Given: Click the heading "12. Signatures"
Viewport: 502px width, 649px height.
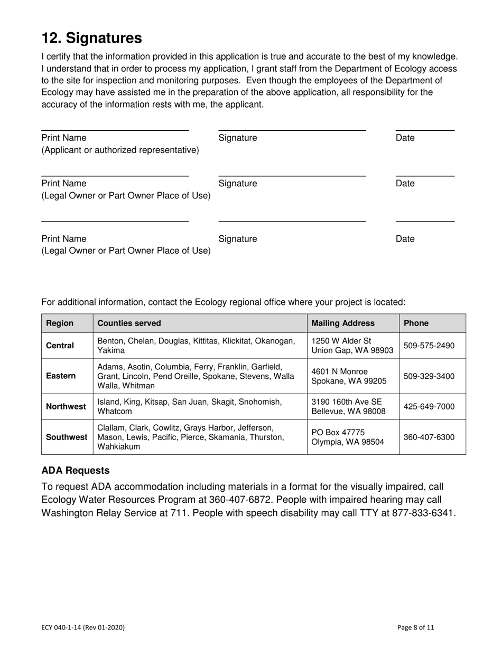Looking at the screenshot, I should click(x=92, y=38).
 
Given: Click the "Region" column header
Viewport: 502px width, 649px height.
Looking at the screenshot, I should click(x=60, y=323).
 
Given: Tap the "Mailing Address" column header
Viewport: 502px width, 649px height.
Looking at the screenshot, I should click(x=343, y=323).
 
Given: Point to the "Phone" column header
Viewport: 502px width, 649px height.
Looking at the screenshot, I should click(x=416, y=323).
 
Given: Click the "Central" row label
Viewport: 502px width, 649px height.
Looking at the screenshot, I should click(x=60, y=346).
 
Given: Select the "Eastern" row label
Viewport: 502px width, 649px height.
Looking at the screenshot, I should click(x=61, y=376).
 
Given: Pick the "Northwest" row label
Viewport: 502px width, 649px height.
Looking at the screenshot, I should click(x=66, y=406).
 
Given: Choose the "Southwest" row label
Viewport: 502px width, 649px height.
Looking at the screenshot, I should click(x=67, y=437).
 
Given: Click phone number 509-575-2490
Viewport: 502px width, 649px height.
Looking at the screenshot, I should click(x=429, y=346).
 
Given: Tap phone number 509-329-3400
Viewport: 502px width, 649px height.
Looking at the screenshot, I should click(x=429, y=376).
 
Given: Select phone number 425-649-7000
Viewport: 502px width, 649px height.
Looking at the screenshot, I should click(x=429, y=406).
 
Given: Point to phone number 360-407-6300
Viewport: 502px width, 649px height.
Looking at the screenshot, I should click(x=429, y=437).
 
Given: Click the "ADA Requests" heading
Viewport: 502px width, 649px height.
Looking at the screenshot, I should click(x=76, y=471).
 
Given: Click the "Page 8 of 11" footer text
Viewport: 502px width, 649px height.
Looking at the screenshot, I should click(x=416, y=627).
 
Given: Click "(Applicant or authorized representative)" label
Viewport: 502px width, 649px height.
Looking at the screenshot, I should click(x=120, y=150).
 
